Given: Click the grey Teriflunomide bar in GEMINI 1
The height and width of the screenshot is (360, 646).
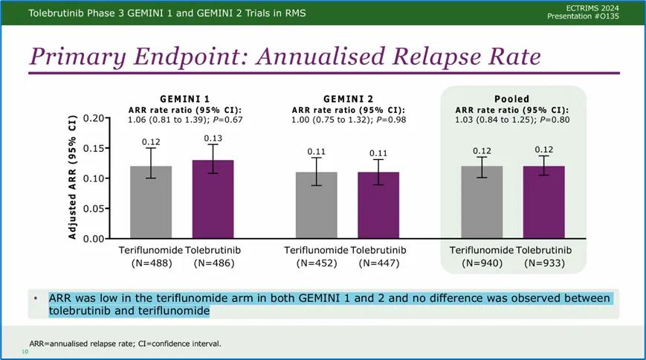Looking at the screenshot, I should (x=151, y=202).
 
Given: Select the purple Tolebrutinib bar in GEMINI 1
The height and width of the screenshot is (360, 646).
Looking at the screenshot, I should (x=213, y=199).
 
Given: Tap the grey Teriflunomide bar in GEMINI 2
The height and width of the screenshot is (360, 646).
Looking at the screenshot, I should (x=316, y=205).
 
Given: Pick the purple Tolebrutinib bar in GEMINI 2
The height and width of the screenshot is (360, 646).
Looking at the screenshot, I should (x=378, y=205).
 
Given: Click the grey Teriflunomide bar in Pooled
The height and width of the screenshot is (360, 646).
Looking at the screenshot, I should (x=482, y=202).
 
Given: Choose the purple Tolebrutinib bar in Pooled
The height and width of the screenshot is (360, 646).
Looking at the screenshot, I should (x=544, y=202).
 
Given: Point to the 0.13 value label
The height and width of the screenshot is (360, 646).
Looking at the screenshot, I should (x=213, y=138).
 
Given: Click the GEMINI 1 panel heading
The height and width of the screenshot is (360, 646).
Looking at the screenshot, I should (x=184, y=99).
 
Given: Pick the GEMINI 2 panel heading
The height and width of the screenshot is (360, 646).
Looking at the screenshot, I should (x=348, y=99).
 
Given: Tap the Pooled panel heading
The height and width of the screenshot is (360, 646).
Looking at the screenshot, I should (x=511, y=99).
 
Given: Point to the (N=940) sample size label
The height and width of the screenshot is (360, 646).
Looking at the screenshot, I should (x=482, y=263).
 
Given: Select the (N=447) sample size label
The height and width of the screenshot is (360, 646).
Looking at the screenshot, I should (x=378, y=263).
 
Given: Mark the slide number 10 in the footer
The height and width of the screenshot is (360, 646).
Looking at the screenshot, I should (x=25, y=351).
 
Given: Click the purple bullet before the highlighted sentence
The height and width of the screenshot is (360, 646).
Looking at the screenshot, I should (x=36, y=298).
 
